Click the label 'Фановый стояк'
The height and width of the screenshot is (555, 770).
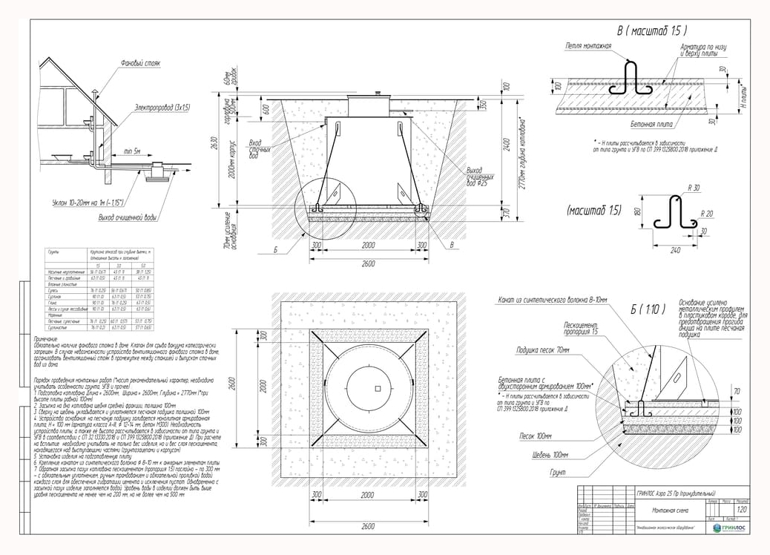(140, 64)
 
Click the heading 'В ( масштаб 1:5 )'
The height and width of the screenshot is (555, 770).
(652, 31)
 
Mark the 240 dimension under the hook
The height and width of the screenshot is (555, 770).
(674, 250)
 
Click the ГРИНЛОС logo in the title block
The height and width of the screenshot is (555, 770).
(731, 528)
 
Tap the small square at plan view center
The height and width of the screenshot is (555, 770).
(377, 389)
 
